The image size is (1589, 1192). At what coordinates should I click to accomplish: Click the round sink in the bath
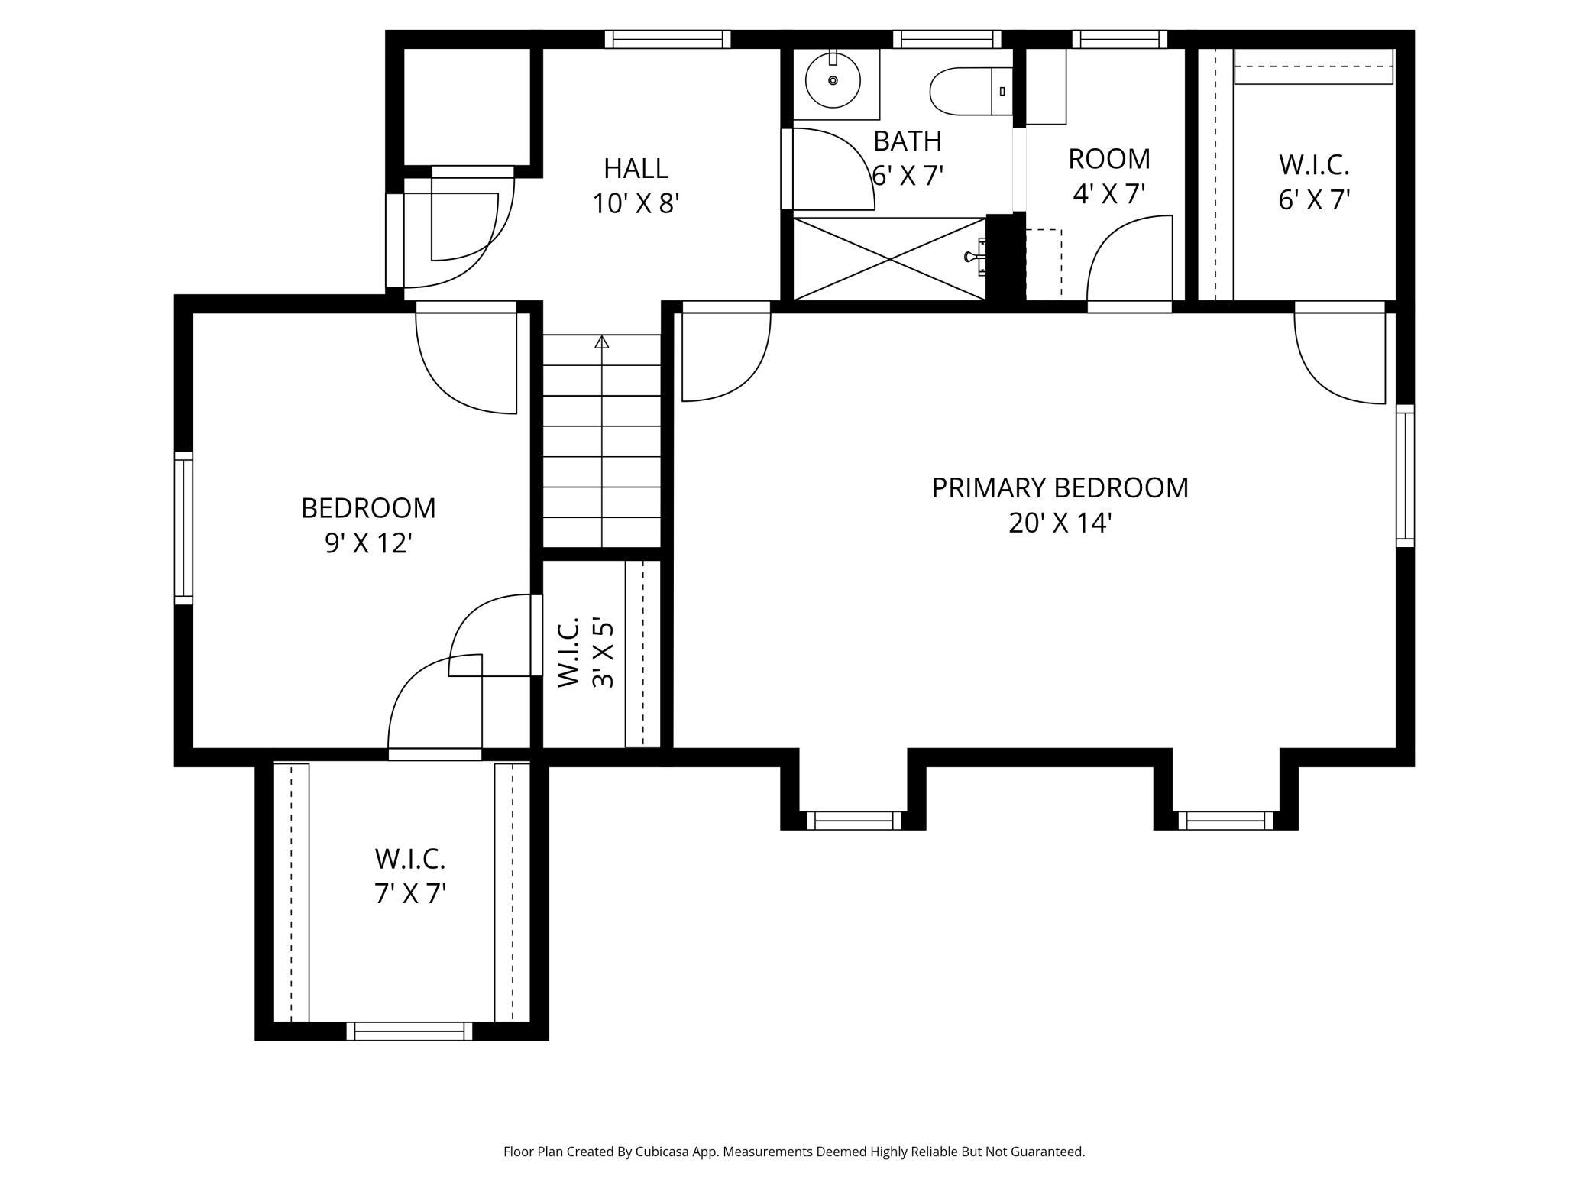click(833, 80)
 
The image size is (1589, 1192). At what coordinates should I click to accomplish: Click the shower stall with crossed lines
click(890, 259)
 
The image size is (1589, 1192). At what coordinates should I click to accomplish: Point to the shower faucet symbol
click(976, 257)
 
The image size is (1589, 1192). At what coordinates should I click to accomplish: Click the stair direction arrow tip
click(602, 341)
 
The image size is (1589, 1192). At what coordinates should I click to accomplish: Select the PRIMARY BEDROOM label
click(1060, 487)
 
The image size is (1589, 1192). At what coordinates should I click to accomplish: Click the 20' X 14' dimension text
click(1060, 523)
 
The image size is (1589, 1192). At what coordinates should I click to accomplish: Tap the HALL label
click(636, 168)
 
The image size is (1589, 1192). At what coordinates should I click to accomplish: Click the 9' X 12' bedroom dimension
click(368, 543)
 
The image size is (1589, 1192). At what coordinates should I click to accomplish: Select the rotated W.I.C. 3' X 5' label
click(585, 653)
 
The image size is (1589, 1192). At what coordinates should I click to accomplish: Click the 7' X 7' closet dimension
click(410, 893)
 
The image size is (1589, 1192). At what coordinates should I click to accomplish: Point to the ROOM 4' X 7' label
click(1108, 177)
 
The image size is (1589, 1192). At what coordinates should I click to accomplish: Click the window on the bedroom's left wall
click(183, 528)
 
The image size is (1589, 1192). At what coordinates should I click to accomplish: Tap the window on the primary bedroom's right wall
click(1405, 475)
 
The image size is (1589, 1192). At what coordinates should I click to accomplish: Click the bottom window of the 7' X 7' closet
click(409, 1031)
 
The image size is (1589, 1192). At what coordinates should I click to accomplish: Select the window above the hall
click(668, 39)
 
